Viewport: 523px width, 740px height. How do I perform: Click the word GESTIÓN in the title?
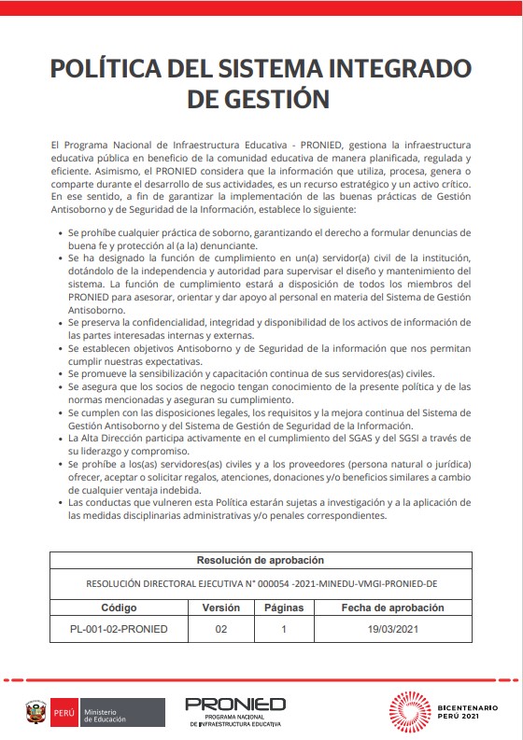[270, 99]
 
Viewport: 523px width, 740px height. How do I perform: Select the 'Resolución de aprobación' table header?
[261, 561]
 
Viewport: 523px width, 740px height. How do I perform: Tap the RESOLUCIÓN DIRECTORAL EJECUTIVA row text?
[261, 584]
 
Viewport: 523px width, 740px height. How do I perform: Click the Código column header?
[119, 607]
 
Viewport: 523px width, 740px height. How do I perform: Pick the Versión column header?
[221, 607]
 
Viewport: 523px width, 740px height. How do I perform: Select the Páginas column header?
[283, 607]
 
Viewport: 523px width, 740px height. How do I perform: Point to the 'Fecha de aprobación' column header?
[391, 607]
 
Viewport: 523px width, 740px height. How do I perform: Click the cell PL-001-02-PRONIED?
[119, 629]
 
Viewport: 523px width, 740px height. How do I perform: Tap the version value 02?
[221, 629]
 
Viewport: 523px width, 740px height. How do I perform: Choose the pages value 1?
[283, 629]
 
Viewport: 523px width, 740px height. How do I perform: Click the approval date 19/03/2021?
[391, 629]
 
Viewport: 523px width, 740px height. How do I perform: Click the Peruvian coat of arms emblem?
[36, 713]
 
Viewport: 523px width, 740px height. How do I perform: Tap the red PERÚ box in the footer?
[63, 713]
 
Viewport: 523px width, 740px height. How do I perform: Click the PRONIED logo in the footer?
[235, 706]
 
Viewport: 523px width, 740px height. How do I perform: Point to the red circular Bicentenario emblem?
[411, 712]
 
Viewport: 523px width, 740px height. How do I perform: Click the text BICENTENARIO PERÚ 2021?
[474, 712]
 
